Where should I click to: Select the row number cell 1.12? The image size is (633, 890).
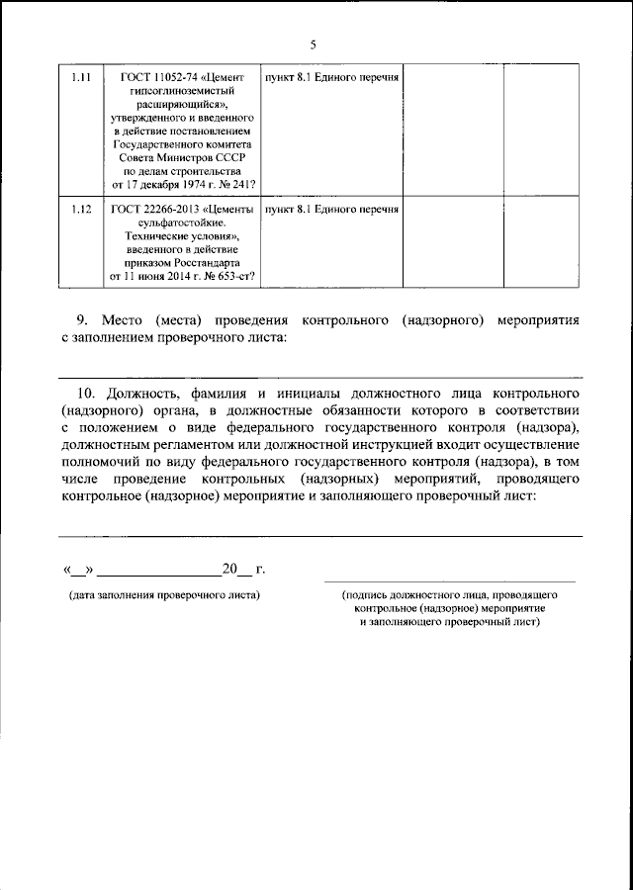point(82,211)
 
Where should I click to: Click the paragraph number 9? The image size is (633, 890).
point(83,321)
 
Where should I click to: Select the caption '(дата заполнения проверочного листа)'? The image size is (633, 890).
point(164,595)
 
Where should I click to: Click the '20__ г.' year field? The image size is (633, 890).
point(244,569)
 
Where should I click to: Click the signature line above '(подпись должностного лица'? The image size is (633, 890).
point(450,580)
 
